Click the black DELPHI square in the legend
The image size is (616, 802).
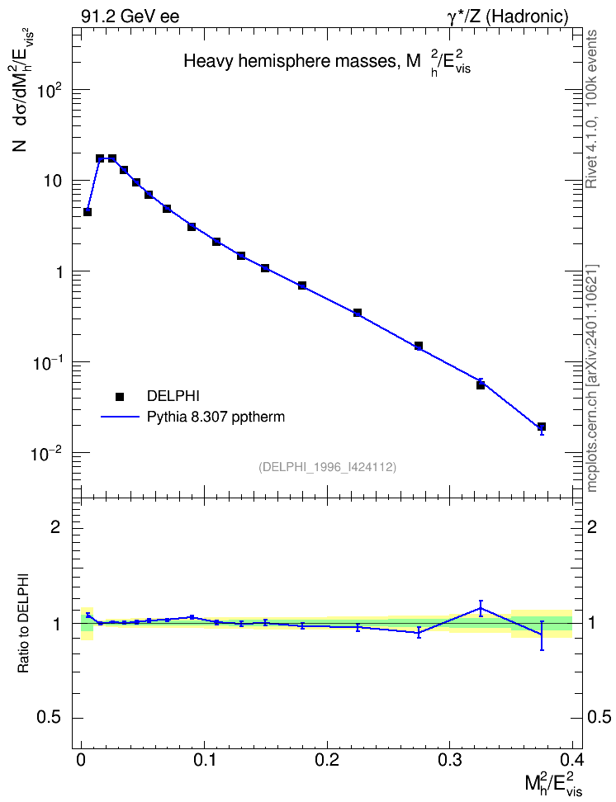point(120,396)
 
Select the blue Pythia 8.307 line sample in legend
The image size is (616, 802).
point(120,417)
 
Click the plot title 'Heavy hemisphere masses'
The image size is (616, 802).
point(289,61)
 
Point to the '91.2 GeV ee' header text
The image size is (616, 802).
point(130,17)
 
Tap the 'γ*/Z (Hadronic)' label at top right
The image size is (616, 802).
point(508,17)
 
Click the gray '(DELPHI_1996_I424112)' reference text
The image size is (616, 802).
point(328,467)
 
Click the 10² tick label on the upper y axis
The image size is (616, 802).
point(50,90)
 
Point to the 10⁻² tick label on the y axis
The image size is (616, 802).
point(46,453)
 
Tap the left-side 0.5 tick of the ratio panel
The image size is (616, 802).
point(49,718)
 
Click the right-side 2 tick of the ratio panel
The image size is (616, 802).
point(592,526)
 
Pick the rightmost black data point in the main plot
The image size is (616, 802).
point(542,427)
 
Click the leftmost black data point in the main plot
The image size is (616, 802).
point(88,212)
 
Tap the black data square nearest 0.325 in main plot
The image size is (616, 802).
point(481,384)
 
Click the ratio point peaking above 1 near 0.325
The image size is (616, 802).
point(481,608)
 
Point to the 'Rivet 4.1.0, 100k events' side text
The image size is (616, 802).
point(591,109)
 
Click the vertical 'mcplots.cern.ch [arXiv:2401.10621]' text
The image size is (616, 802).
point(591,378)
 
